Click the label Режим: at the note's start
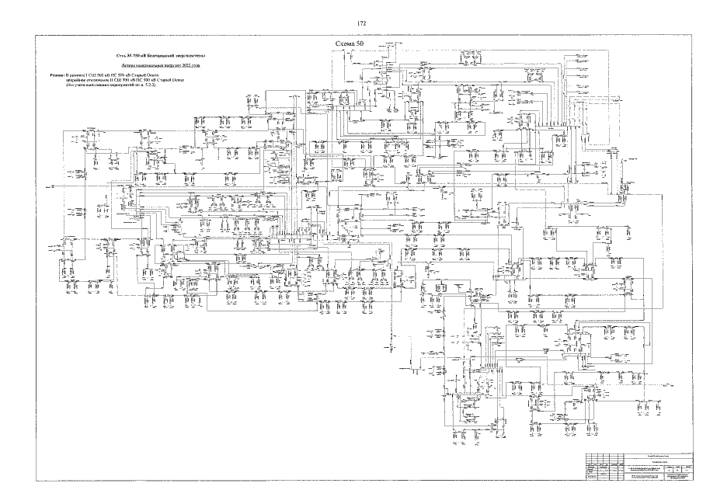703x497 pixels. [56, 75]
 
